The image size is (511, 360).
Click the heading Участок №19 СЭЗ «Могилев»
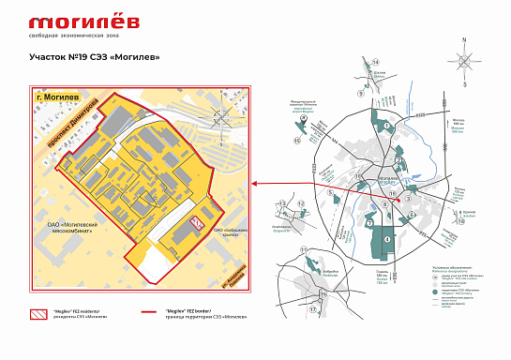pyautogui.click(x=94, y=56)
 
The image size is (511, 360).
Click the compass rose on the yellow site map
pyautogui.click(x=222, y=117)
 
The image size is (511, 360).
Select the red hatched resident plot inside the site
pyautogui.click(x=197, y=222)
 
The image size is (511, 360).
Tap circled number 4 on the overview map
pyautogui.click(x=387, y=239)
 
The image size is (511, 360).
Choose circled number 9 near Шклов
pyautogui.click(x=359, y=94)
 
